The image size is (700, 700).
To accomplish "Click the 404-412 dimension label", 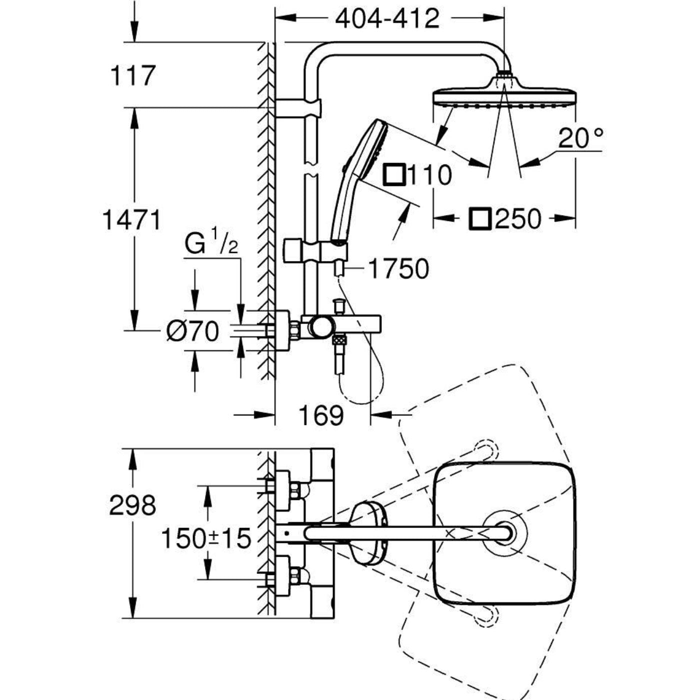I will (387, 19).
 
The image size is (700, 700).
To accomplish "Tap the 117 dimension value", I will (132, 75).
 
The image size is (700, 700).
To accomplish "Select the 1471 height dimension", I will (131, 220).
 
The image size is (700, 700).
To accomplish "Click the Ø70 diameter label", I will (193, 331).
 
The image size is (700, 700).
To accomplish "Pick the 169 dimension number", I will (321, 415).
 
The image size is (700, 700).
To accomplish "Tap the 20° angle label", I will (580, 138).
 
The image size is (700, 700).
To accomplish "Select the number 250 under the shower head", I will (517, 219).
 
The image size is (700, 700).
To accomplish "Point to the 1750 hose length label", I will (398, 269).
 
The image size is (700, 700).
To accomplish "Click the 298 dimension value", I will (132, 505).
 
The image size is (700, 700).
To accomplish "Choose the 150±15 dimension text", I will (205, 538).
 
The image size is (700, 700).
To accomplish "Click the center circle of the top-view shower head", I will (504, 533).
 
